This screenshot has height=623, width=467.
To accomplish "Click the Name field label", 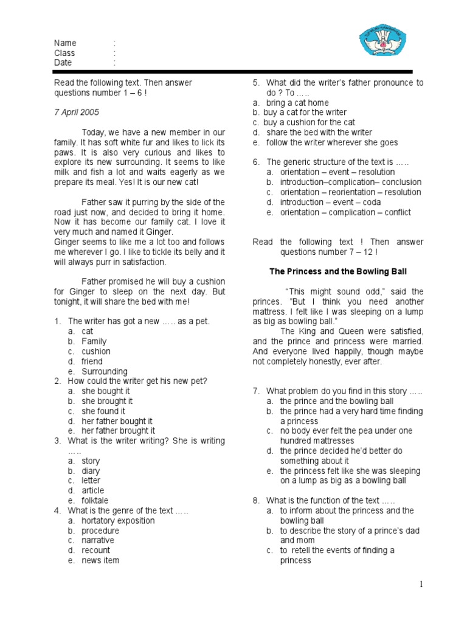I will (x=65, y=43).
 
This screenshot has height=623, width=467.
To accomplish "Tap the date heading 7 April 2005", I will (x=77, y=113).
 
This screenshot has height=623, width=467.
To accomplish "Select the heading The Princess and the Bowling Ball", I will (x=338, y=271).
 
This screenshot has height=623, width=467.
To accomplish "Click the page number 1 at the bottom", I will (x=420, y=585).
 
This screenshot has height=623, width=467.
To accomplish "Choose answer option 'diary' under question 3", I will (x=91, y=471).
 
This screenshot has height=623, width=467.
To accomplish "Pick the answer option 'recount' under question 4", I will (x=96, y=551).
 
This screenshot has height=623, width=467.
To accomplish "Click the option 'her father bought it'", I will (x=117, y=421).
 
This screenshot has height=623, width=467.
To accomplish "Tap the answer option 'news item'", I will (x=100, y=560).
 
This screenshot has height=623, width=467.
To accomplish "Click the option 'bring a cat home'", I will (x=297, y=103).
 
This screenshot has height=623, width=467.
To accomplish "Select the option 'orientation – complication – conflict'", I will (x=345, y=212).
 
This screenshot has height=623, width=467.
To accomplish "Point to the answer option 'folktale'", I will (x=95, y=501).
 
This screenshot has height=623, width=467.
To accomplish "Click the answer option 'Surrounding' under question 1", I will (x=105, y=371).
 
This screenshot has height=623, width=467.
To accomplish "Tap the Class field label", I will (x=64, y=53).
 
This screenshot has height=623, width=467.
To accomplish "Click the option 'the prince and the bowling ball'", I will (x=336, y=401).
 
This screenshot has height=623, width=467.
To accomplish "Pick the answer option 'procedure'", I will (x=100, y=531).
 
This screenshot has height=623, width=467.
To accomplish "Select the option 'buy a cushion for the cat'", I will (x=309, y=122).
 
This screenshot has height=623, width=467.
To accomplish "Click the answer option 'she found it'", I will (x=103, y=411).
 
